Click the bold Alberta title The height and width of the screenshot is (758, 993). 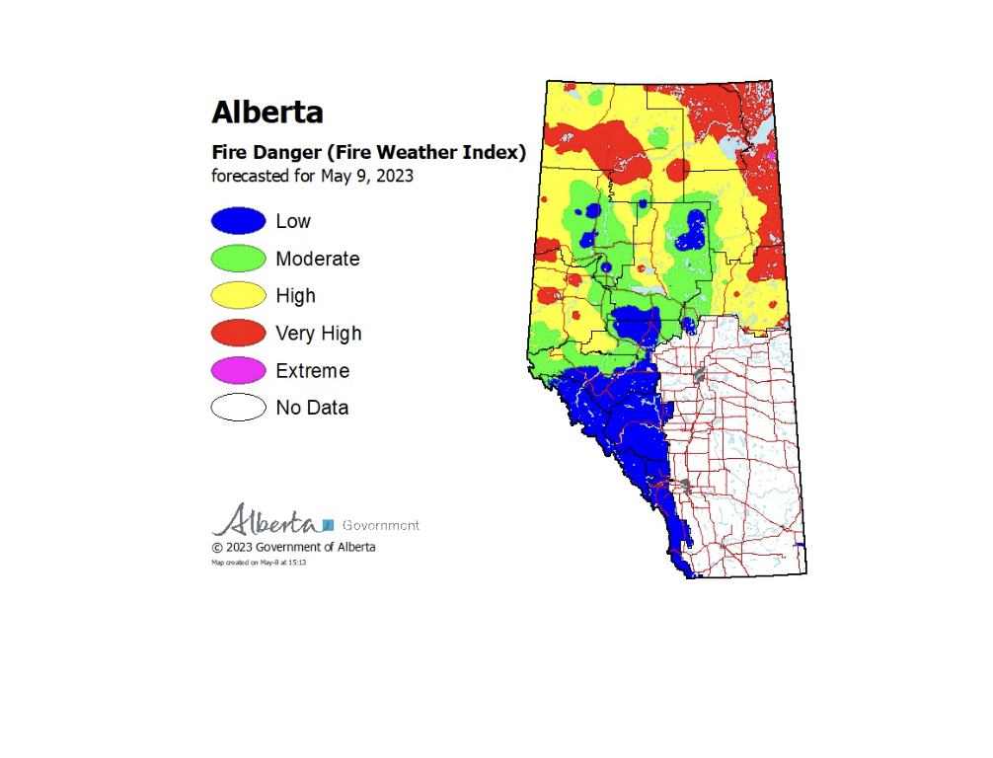[x=267, y=112]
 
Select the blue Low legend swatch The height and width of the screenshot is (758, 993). [x=238, y=221]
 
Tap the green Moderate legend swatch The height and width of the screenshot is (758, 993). [x=238, y=259]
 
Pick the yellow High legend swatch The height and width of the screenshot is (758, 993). [x=238, y=295]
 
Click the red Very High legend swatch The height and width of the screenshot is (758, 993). [x=238, y=333]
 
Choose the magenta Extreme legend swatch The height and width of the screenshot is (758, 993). [x=238, y=370]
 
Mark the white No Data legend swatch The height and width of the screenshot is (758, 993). [x=238, y=407]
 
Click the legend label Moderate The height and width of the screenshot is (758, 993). [x=317, y=259]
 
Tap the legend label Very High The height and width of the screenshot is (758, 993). [x=318, y=334]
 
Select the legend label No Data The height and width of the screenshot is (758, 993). [x=312, y=408]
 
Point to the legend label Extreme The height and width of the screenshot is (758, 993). [x=312, y=371]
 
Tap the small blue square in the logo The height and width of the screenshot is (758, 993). [x=329, y=525]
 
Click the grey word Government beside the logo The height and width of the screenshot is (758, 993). [x=380, y=525]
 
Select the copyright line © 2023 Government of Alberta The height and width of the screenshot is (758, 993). [x=293, y=547]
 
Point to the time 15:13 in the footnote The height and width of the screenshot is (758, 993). [x=297, y=563]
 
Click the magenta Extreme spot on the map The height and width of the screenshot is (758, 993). [x=771, y=156]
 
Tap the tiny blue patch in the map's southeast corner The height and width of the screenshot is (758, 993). [x=801, y=545]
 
